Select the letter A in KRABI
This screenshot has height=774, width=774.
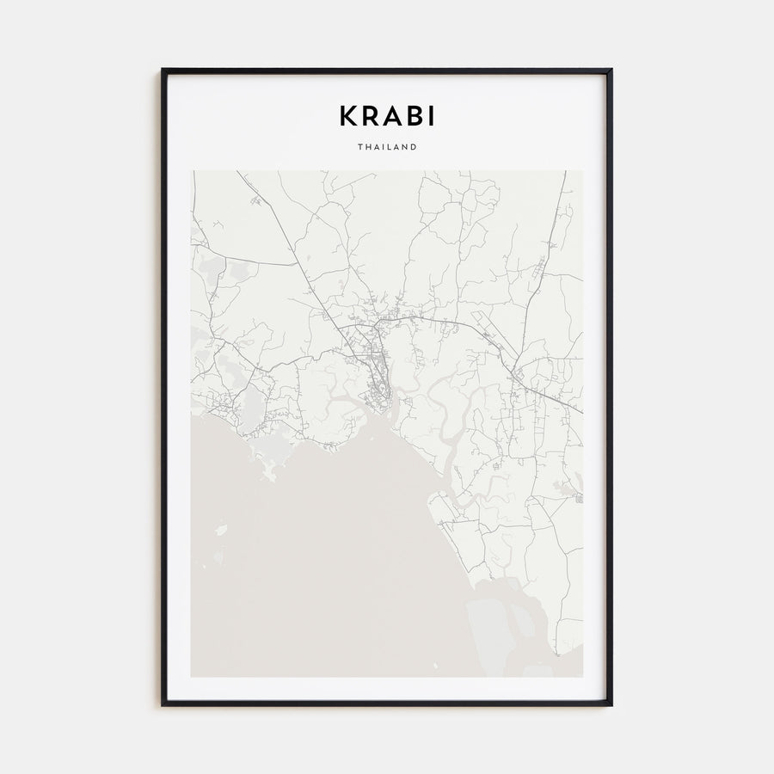point(389,115)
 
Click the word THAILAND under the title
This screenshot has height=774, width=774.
point(387,147)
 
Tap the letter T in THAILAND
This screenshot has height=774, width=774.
point(359,147)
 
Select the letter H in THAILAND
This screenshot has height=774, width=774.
point(367,147)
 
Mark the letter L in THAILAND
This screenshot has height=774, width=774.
point(390,147)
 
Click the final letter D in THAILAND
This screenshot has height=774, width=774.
point(415,147)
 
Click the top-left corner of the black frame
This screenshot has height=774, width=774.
point(163,70)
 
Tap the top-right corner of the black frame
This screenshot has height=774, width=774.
point(611,70)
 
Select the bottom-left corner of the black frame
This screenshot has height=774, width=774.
point(163,704)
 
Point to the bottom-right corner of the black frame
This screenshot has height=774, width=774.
point(611,704)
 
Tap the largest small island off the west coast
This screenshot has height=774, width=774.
point(221,530)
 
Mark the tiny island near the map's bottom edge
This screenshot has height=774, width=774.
point(435,664)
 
